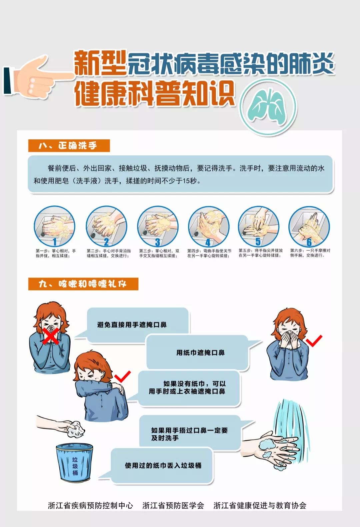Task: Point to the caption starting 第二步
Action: tap(108, 253)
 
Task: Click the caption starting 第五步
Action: tap(261, 253)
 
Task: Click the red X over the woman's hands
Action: tap(51, 336)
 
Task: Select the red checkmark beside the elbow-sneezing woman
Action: tap(122, 377)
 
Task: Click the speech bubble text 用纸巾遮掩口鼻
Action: tap(200, 353)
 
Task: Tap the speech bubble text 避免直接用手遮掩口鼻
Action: tap(132, 325)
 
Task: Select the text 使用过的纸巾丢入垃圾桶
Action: tap(163, 465)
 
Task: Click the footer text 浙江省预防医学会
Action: tap(173, 505)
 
